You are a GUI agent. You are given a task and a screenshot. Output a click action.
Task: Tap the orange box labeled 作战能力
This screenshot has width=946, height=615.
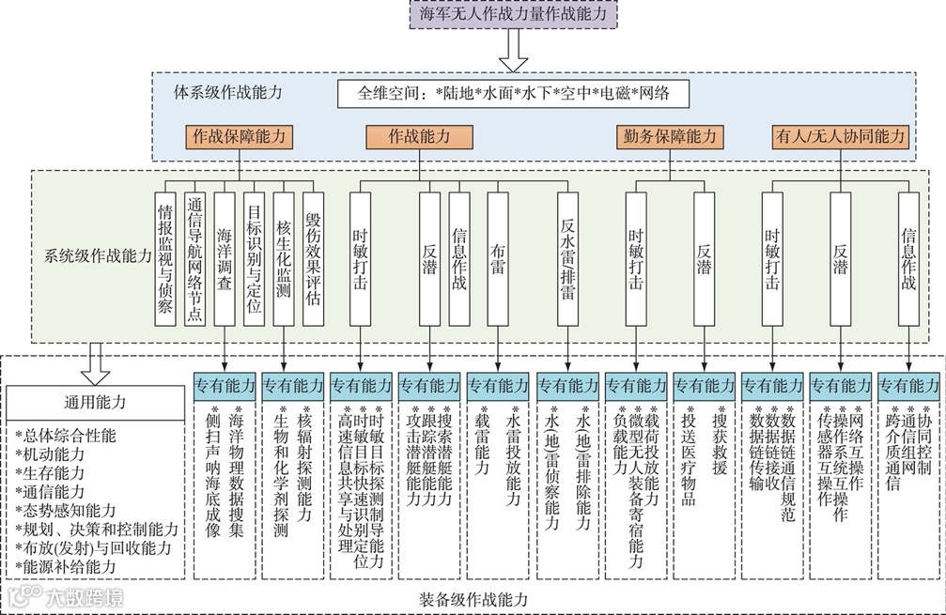pos(419,136)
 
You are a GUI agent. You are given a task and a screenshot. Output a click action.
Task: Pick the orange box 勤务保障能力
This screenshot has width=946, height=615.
pos(669,136)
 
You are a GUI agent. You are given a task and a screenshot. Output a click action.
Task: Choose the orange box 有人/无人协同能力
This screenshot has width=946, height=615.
pos(840,136)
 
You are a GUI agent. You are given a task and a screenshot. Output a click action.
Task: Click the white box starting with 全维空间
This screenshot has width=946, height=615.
pos(512,93)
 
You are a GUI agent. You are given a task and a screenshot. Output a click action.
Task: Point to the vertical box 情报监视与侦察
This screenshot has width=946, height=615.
pos(165,258)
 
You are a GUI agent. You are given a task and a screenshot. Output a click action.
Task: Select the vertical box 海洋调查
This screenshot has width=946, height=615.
pos(224,258)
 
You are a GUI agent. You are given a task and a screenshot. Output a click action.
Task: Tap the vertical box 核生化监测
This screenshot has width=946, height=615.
pos(283,258)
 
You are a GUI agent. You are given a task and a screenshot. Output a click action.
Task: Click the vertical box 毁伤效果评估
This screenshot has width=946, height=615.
pos(312,258)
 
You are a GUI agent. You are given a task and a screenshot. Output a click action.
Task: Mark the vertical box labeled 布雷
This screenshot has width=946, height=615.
pos(498,258)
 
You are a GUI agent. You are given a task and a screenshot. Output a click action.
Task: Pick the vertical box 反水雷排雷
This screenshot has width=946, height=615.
pos(566,258)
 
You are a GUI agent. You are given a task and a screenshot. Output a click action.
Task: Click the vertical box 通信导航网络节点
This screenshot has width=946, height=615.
pos(194,258)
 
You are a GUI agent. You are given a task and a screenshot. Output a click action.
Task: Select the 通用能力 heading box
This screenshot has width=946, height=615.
pos(95,403)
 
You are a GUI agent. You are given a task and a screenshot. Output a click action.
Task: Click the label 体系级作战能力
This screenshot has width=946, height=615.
pos(227,92)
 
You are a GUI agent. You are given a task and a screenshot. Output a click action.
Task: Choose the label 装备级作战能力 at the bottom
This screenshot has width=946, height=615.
pos(473,599)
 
